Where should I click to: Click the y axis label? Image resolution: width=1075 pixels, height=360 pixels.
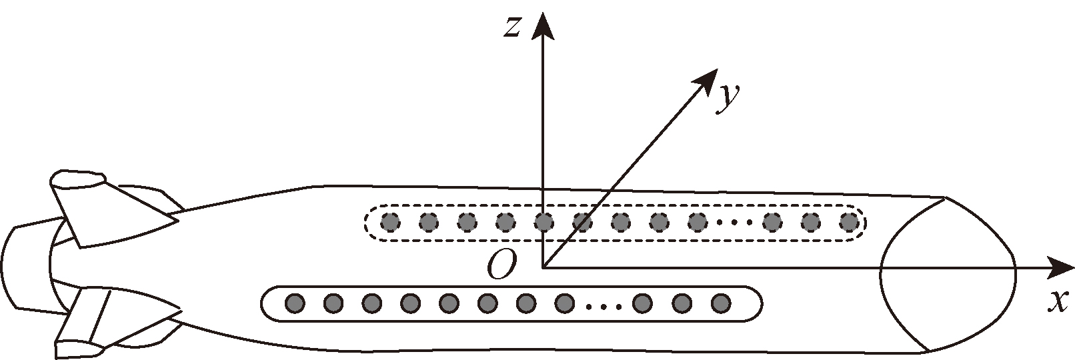728,98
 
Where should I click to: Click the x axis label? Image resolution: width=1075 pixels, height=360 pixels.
1054,301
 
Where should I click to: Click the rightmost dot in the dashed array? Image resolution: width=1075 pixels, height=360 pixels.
849,221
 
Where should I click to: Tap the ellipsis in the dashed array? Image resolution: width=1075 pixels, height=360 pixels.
736,222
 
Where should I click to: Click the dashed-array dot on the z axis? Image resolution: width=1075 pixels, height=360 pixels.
544,221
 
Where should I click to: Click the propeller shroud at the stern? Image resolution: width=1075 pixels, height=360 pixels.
27,267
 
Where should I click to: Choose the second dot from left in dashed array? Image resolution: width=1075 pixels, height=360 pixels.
429,221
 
